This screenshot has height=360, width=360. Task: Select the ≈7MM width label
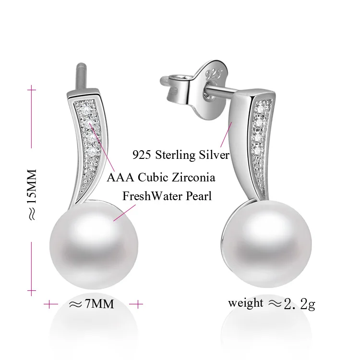pyautogui.click(x=92, y=304)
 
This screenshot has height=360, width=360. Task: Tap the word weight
pyautogui.click(x=245, y=303)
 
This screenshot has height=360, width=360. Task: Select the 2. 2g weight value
pyautogui.click(x=299, y=303)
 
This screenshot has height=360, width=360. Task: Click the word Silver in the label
pyautogui.click(x=215, y=155)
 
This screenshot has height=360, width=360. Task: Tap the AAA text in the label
pyautogui.click(x=118, y=178)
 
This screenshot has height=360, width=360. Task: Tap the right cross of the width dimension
pyautogui.click(x=137, y=304)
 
